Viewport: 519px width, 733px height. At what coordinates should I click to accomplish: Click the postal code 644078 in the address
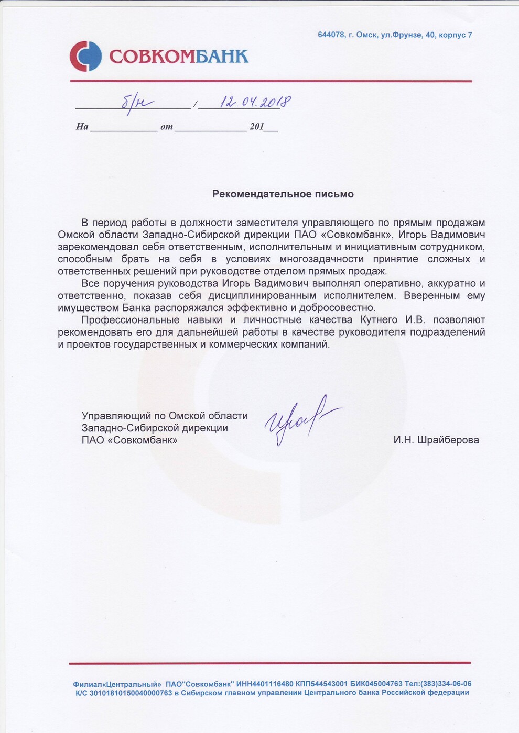[331, 35]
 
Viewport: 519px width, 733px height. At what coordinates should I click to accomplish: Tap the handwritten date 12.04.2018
[256, 102]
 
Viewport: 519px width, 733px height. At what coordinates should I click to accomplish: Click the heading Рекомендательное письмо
[283, 194]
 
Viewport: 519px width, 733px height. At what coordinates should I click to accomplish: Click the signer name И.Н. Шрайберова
[436, 440]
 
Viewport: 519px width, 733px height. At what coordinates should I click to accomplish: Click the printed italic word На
[82, 127]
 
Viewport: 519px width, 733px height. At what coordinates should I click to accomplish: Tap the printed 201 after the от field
[257, 127]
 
